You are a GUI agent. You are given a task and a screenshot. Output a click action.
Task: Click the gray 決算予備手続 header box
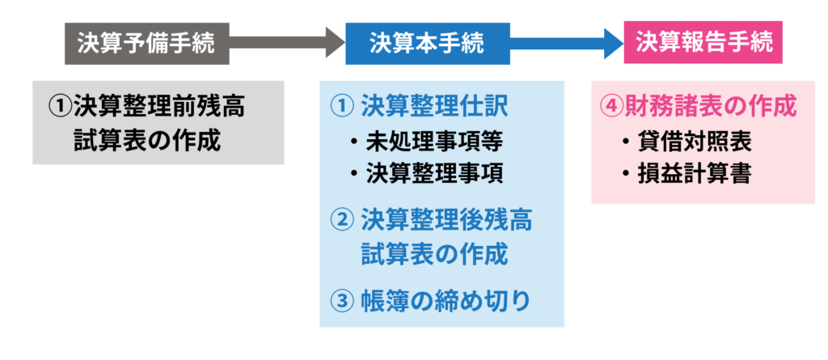(x=146, y=43)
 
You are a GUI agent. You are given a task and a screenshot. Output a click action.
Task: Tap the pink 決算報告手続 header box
(x=703, y=42)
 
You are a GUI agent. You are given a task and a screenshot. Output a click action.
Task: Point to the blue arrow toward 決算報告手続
(x=566, y=42)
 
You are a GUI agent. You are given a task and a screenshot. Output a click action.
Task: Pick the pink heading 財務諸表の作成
(x=709, y=106)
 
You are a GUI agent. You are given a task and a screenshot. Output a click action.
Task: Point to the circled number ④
(x=610, y=107)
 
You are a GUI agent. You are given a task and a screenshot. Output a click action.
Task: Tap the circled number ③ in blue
(x=342, y=301)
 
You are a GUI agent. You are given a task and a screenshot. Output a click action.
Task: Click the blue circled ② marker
(x=342, y=219)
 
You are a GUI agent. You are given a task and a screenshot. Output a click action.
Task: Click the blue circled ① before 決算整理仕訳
(x=342, y=105)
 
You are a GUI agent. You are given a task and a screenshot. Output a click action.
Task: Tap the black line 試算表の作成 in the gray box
(x=146, y=139)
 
